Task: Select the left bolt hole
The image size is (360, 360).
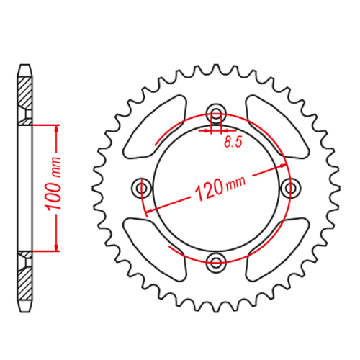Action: [141, 187]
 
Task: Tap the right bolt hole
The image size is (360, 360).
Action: [290, 187]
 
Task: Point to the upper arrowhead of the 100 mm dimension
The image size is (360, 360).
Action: [55, 127]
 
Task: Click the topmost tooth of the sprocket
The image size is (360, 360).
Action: [215, 68]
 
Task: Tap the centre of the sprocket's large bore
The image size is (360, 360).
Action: [215, 187]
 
